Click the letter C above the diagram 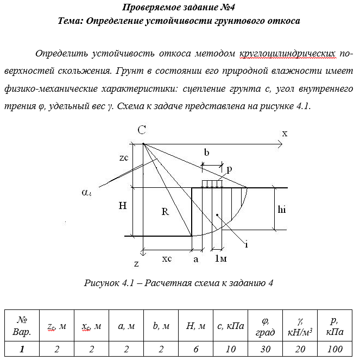pos(141,130)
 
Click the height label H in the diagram pos(123,206)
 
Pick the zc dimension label pos(124,158)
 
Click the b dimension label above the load pos(206,153)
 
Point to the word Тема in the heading pos(70,21)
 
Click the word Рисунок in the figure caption pos(102,283)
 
